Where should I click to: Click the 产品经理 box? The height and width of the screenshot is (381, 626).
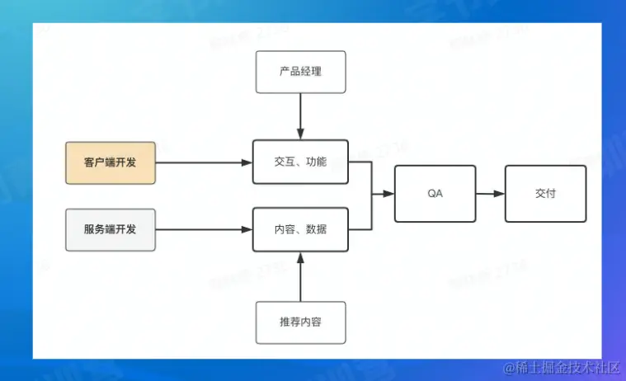300,72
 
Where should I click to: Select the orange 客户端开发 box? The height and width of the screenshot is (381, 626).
110,162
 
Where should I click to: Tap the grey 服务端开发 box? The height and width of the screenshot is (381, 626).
110,229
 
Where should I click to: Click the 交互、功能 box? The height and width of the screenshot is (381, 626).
300,162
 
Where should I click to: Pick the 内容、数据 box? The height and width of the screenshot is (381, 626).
300,229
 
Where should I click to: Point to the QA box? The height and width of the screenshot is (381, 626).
435,194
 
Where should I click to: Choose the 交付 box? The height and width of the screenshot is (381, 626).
545,194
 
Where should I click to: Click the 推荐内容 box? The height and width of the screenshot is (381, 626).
300,322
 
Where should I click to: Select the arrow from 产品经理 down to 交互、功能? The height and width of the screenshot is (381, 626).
300,115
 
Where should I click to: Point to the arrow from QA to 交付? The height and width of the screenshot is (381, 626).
490,194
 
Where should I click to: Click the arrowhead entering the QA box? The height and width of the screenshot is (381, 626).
388,194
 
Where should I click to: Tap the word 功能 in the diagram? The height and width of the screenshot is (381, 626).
315,162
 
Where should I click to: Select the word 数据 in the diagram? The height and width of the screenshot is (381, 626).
315,229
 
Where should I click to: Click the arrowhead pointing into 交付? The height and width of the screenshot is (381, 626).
499,194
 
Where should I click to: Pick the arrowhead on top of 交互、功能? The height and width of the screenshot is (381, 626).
300,134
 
